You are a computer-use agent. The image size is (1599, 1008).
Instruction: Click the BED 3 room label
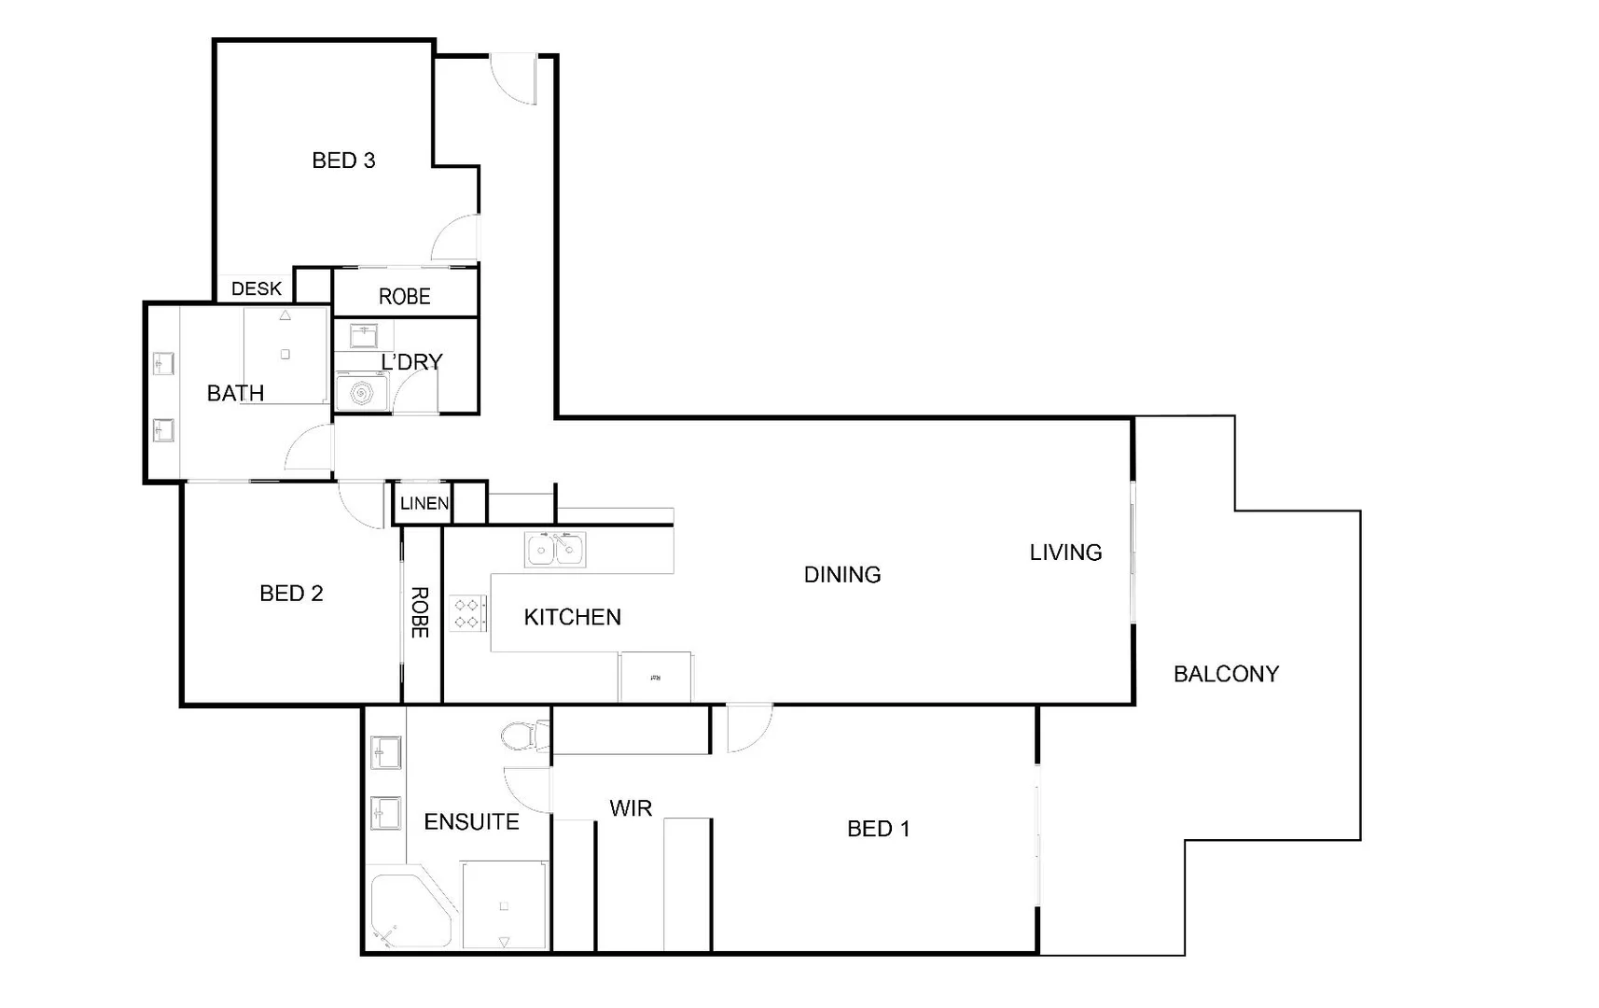click(x=343, y=161)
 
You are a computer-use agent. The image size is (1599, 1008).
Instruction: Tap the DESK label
click(x=257, y=288)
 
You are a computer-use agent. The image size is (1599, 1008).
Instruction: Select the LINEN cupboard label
click(x=424, y=503)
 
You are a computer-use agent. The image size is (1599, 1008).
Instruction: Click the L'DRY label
click(x=411, y=362)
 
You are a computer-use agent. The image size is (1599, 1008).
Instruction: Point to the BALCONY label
click(x=1226, y=674)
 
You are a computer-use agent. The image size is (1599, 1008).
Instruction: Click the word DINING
click(x=842, y=575)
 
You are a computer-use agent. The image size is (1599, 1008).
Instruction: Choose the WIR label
click(x=631, y=808)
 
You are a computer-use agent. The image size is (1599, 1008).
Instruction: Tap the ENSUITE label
click(x=471, y=822)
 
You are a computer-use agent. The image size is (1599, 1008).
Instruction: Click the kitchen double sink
click(x=555, y=550)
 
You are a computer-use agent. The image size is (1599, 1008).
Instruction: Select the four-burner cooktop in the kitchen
click(x=468, y=613)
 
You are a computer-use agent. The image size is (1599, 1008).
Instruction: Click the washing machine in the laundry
click(x=361, y=394)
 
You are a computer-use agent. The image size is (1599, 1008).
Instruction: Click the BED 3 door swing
click(x=458, y=239)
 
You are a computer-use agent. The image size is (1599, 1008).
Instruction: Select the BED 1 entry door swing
click(x=748, y=728)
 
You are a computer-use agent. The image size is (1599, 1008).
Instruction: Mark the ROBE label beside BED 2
click(x=420, y=612)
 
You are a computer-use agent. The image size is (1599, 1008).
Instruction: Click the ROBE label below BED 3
click(x=404, y=297)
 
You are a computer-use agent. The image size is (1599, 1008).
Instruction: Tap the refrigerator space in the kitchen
click(x=656, y=677)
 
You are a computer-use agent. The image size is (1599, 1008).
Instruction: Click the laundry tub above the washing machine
click(x=362, y=336)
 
